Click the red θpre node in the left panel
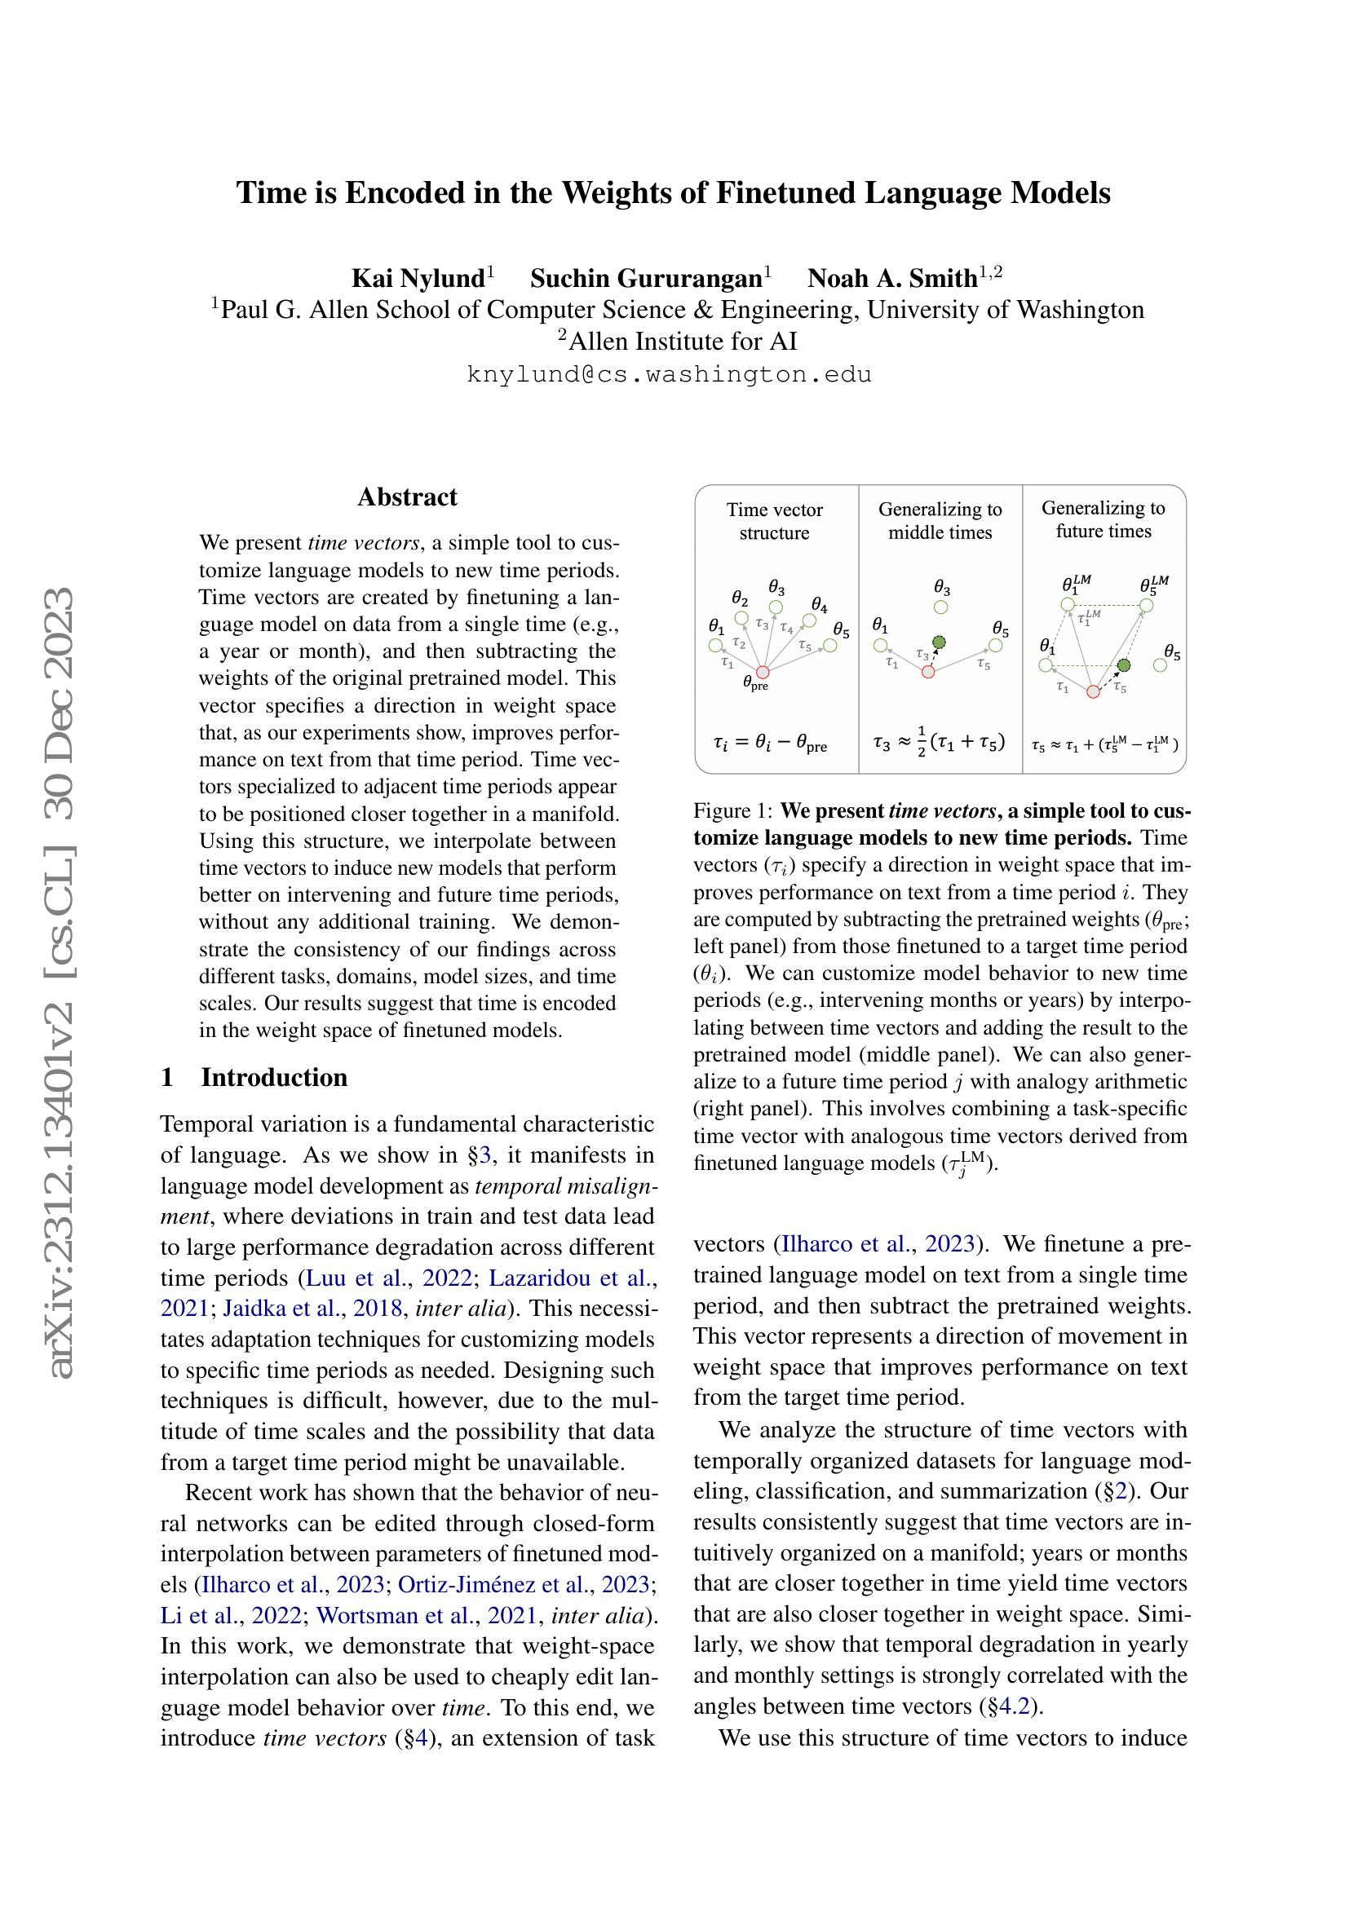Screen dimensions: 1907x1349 (x=763, y=673)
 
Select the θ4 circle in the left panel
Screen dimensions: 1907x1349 (x=809, y=620)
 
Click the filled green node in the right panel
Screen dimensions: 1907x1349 (x=1123, y=665)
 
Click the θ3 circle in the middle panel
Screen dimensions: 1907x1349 (x=940, y=607)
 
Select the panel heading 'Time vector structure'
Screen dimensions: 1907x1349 (x=774, y=521)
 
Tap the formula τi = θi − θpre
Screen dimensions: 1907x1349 (x=770, y=744)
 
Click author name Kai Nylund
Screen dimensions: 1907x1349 (x=418, y=277)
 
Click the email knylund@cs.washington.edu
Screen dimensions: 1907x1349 (x=670, y=374)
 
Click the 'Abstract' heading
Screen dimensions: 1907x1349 (x=407, y=497)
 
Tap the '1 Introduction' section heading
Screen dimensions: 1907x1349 (x=254, y=1077)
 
